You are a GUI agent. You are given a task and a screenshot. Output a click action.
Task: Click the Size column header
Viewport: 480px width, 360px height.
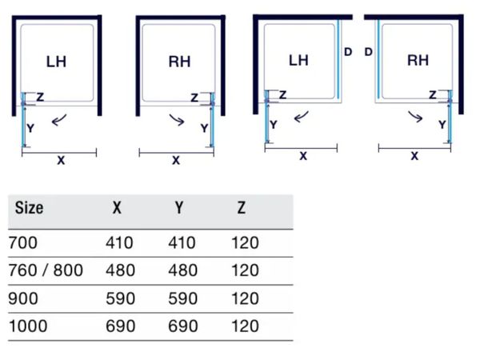(x=29, y=208)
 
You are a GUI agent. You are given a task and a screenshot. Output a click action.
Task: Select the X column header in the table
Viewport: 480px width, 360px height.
(x=117, y=208)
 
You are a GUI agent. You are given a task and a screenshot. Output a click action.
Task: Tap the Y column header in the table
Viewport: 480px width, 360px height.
(x=179, y=208)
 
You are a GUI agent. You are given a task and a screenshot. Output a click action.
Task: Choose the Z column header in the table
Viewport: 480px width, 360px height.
(x=242, y=208)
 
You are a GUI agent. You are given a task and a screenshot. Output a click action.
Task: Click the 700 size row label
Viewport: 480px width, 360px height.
(x=23, y=243)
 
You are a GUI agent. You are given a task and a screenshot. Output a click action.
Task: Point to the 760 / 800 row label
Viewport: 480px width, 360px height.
(x=46, y=270)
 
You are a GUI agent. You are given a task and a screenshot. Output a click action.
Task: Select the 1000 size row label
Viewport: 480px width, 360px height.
(x=28, y=326)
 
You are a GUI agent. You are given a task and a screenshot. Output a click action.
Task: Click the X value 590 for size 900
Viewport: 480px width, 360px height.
(x=120, y=298)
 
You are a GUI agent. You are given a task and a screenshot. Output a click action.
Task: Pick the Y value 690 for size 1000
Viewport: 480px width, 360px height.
(x=182, y=326)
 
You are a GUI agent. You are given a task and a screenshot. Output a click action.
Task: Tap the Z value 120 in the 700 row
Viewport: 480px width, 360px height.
(x=246, y=243)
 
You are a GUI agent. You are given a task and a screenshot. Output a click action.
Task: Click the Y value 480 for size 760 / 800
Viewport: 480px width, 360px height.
(x=182, y=270)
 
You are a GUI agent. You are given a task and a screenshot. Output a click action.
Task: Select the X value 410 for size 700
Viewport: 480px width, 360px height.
(x=119, y=243)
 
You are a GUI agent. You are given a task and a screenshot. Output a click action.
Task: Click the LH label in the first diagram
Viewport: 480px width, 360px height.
(x=56, y=62)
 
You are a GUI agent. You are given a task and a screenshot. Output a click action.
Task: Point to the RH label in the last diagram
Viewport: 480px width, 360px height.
(x=418, y=60)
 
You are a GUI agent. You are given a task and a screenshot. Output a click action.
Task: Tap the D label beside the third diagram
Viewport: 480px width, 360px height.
(x=348, y=52)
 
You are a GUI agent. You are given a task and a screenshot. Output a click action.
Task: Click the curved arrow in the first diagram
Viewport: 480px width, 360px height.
(x=59, y=120)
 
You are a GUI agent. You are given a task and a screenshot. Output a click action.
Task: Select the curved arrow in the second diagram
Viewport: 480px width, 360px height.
(x=177, y=120)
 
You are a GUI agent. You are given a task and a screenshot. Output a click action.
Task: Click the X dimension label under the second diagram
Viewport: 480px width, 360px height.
(x=176, y=160)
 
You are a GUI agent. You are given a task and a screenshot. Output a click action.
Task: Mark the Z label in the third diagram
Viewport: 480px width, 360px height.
(x=283, y=95)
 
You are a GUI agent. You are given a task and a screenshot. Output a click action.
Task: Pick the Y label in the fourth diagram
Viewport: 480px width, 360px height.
(x=442, y=125)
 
